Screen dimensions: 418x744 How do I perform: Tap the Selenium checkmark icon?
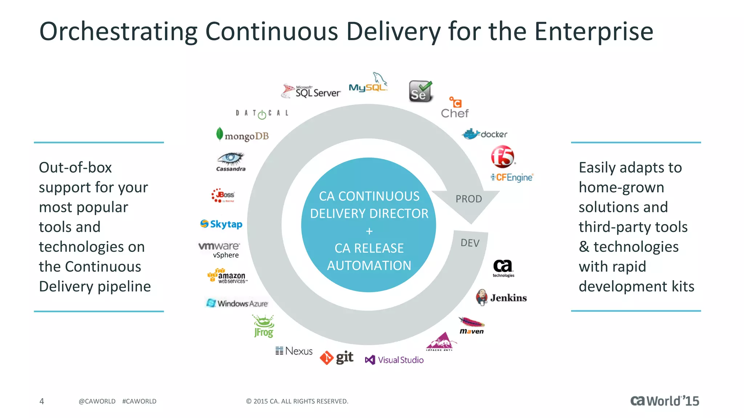coord(421,91)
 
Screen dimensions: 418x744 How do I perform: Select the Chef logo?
coord(454,108)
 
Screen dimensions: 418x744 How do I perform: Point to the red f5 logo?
coord(503,157)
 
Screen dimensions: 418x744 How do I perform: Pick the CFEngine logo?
coord(512,177)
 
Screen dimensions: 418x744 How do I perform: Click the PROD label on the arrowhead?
coord(469,199)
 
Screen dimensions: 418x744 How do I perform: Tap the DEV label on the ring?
coord(470,243)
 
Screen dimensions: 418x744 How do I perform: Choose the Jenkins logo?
coord(501,298)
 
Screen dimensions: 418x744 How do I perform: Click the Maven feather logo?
coord(472,325)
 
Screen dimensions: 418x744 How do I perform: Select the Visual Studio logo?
coord(394,360)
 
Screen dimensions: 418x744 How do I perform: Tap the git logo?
coord(336,358)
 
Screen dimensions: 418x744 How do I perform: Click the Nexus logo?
coord(294,351)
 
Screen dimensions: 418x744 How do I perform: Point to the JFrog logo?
coord(264,326)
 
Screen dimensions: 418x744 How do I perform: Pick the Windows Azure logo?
coord(237,303)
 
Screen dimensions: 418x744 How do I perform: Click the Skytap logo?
coord(221,224)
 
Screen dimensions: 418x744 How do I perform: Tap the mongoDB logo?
coord(242,135)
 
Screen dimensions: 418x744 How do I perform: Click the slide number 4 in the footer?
coord(42,401)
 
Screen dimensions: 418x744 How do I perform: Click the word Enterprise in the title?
coord(594,32)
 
